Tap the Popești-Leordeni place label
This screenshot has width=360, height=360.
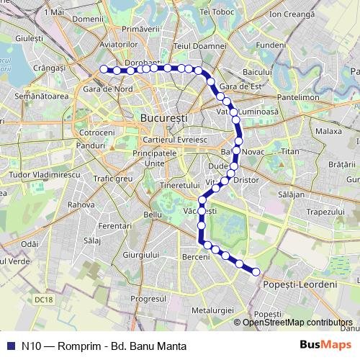click(x=306, y=285)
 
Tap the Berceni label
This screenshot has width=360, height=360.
click(x=196, y=257)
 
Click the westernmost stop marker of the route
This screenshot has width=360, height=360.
click(x=104, y=69)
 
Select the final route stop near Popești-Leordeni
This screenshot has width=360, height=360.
click(x=256, y=271)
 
